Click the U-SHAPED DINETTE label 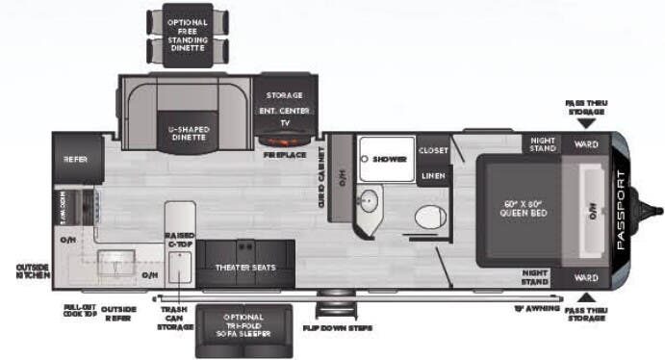(189, 134)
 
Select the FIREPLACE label (284, 154)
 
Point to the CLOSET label (433, 151)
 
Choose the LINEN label (433, 175)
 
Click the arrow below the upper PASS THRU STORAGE (586, 122)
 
